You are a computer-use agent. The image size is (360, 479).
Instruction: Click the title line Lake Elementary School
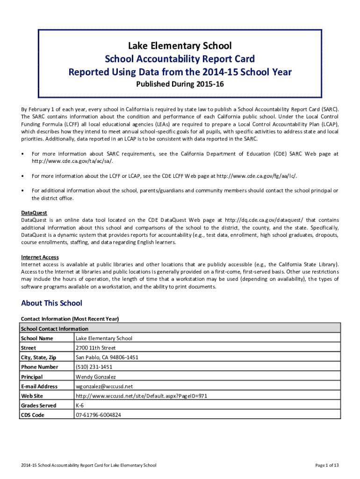[180, 46]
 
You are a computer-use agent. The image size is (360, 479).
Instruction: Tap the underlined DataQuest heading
[34, 213]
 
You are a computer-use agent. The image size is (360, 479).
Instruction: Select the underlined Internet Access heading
[40, 257]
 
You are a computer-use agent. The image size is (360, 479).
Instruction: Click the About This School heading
[51, 303]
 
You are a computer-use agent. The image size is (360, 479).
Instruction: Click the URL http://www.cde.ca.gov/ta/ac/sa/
[72, 161]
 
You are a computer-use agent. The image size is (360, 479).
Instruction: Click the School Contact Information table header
[54, 329]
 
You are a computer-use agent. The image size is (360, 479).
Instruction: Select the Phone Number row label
[39, 367]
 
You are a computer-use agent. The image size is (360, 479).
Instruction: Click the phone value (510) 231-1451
[94, 367]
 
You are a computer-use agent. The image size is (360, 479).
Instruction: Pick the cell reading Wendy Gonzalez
[96, 377]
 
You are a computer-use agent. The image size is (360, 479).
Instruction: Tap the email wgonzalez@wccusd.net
[104, 386]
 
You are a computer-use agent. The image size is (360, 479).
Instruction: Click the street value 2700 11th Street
[95, 348]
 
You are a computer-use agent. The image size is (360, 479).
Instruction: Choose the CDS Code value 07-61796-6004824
[98, 415]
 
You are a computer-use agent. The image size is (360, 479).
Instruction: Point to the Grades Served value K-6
[79, 406]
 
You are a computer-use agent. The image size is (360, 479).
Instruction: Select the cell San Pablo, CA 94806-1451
[107, 357]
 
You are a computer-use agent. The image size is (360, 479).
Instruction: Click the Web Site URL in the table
[141, 396]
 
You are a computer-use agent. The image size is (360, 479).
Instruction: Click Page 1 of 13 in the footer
[327, 465]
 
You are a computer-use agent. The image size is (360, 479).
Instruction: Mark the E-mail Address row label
[39, 386]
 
